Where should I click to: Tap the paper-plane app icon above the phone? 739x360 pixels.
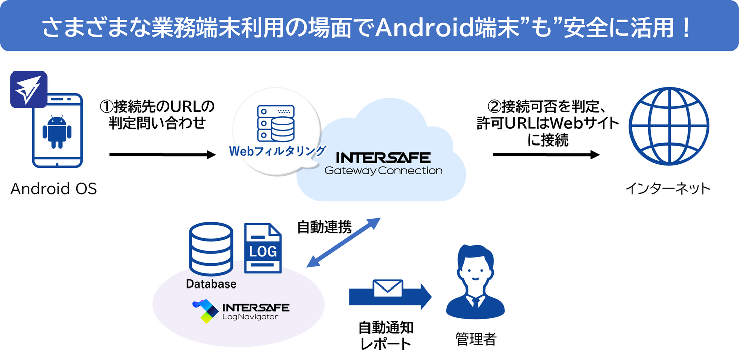click(29, 90)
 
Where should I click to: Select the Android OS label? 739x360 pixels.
click(53, 189)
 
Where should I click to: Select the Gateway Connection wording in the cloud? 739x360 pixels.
click(383, 171)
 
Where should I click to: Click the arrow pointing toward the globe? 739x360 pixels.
click(546, 155)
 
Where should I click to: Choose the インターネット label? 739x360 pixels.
click(668, 189)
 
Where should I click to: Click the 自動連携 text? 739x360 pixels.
click(324, 228)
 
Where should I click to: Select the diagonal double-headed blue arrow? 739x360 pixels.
click(344, 243)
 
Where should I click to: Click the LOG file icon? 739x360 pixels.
click(263, 248)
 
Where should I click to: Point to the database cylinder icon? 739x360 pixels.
click(210, 249)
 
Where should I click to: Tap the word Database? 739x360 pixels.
click(211, 284)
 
